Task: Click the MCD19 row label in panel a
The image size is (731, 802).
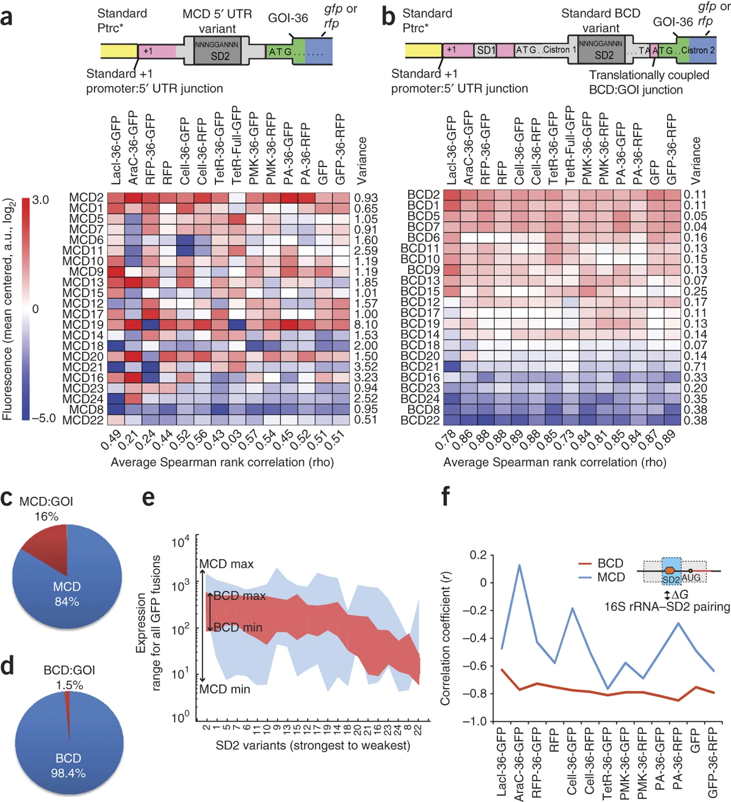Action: pyautogui.click(x=83, y=324)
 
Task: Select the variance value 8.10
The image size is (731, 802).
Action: pyautogui.click(x=366, y=324)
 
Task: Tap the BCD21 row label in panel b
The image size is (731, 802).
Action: pyautogui.click(x=420, y=366)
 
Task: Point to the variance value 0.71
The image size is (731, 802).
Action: pyautogui.click(x=695, y=366)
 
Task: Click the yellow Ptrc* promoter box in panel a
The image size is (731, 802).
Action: pyautogui.click(x=119, y=51)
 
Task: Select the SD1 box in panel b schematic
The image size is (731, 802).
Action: pyautogui.click(x=486, y=50)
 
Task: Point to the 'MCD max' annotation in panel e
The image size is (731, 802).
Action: pyautogui.click(x=226, y=563)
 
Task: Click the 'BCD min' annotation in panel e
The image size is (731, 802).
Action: pyautogui.click(x=238, y=627)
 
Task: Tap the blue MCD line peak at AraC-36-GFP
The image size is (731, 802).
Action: pyautogui.click(x=519, y=565)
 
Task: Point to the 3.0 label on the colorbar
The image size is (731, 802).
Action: pyautogui.click(x=40, y=200)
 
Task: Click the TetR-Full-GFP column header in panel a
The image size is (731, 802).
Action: pyautogui.click(x=237, y=145)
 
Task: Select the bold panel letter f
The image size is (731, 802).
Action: pyautogui.click(x=445, y=497)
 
